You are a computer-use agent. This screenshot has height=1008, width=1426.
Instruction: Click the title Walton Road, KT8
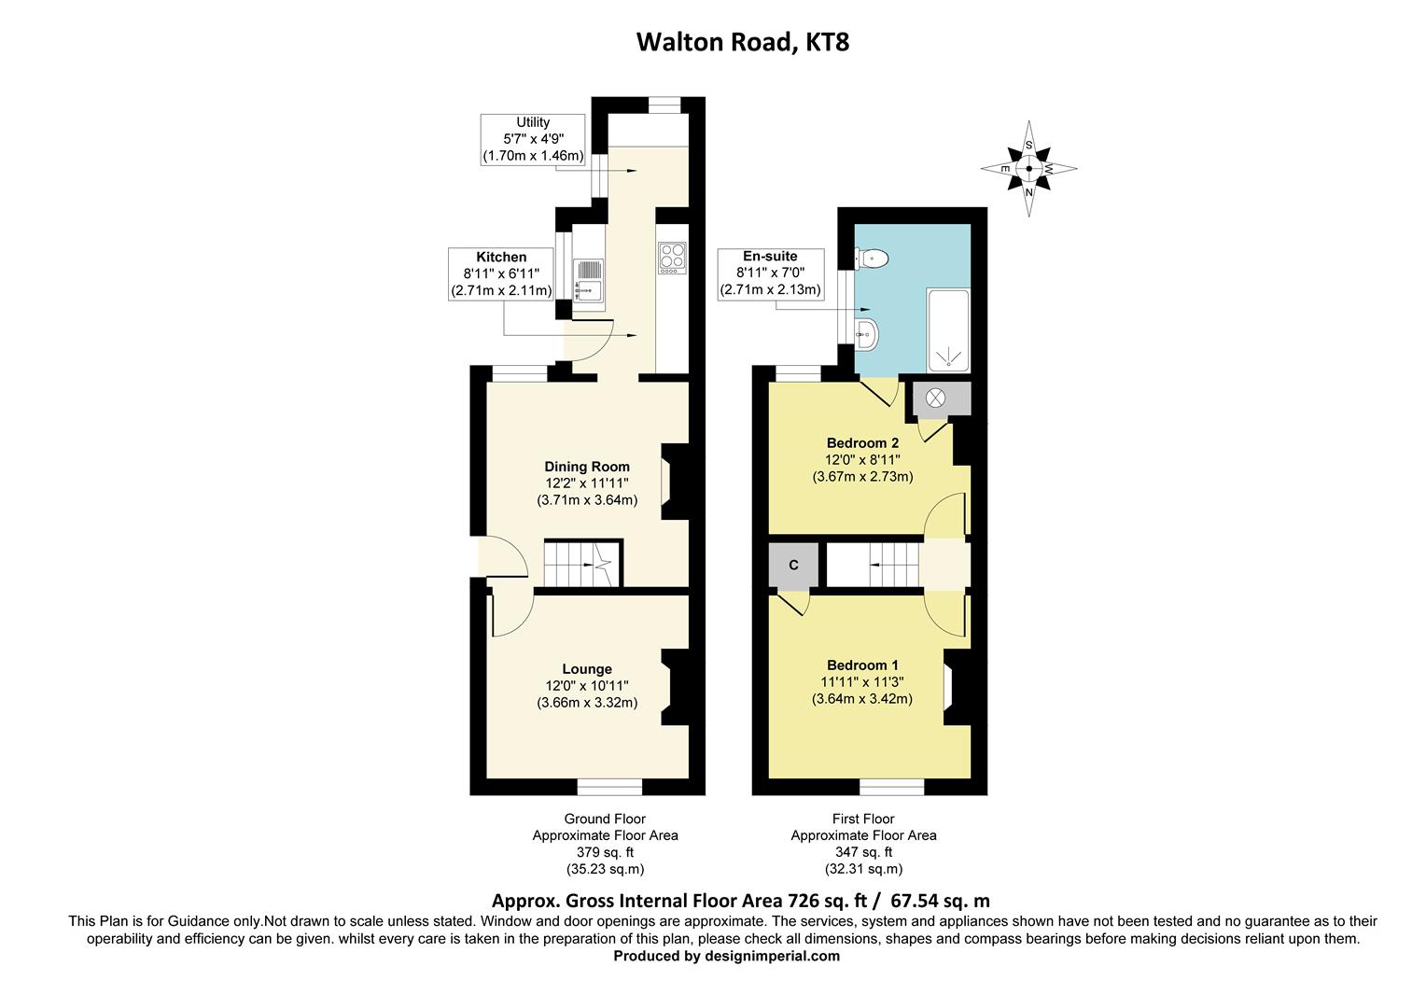742,42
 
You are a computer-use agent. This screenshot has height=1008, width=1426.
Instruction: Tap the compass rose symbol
1028,169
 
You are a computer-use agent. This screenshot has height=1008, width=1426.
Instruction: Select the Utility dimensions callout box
533,139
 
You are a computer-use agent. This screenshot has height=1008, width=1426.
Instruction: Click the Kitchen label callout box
501,273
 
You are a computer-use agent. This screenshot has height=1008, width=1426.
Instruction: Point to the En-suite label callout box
770,273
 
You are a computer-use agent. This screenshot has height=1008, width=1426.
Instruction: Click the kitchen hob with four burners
672,257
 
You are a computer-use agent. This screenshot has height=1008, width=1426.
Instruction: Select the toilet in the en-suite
874,258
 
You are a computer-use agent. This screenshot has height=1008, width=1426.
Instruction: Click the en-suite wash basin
867,333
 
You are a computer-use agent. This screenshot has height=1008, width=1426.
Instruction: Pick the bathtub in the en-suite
947,330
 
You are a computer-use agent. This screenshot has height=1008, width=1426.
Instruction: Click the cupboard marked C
793,566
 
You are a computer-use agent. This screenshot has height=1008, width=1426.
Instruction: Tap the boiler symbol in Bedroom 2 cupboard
935,398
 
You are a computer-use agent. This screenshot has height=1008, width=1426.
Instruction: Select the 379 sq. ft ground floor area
605,852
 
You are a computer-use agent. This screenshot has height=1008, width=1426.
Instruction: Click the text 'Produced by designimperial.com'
726,956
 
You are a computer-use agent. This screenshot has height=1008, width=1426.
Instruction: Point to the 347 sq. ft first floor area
863,852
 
